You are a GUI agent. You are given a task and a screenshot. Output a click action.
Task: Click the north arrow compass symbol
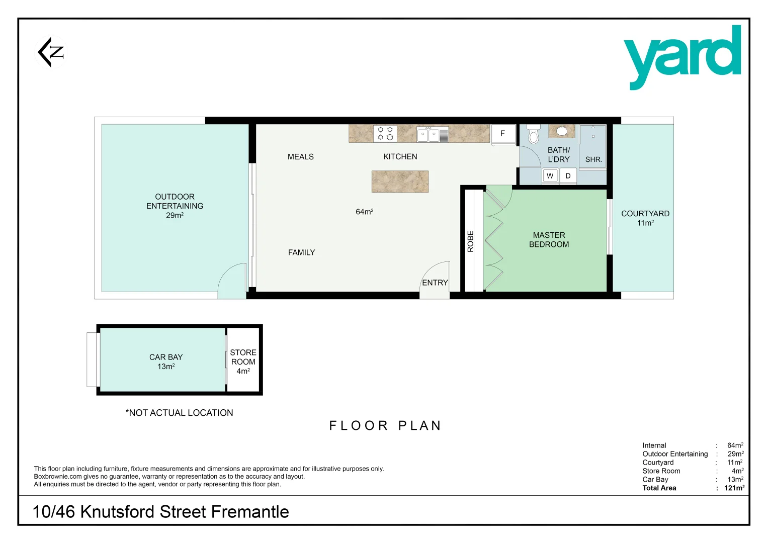(x=51, y=52)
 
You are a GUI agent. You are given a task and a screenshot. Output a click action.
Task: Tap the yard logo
(x=682, y=57)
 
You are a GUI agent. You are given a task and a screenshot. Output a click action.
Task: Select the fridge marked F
(x=502, y=134)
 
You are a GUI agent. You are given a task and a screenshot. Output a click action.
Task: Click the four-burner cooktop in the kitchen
(x=385, y=134)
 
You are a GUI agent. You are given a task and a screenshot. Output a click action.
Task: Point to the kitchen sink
(x=433, y=134)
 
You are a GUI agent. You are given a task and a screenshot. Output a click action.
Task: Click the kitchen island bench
(x=400, y=182)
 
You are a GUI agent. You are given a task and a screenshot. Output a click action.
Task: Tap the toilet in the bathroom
(x=534, y=134)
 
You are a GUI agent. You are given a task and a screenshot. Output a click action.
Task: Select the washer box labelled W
(x=550, y=176)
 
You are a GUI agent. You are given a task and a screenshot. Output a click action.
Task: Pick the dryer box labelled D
(x=568, y=176)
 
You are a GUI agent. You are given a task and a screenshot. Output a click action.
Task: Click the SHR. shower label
(x=593, y=159)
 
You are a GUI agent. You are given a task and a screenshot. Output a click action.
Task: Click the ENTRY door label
(x=435, y=283)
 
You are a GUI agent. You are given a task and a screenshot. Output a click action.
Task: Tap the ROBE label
(x=471, y=241)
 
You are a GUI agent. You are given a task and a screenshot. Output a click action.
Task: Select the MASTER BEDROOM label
(x=549, y=240)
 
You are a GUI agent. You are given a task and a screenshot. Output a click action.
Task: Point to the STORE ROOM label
(x=243, y=357)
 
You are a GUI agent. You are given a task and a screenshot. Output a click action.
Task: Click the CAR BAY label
(x=166, y=357)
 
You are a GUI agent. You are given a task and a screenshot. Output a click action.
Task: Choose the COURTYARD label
(x=645, y=214)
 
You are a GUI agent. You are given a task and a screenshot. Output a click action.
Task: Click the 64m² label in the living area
(x=364, y=212)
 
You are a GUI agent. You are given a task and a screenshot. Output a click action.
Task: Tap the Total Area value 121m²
(x=734, y=488)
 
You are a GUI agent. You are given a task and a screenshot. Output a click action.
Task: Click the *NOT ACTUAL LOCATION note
(x=179, y=413)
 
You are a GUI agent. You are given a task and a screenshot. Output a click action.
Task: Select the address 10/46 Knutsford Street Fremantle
(x=160, y=512)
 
